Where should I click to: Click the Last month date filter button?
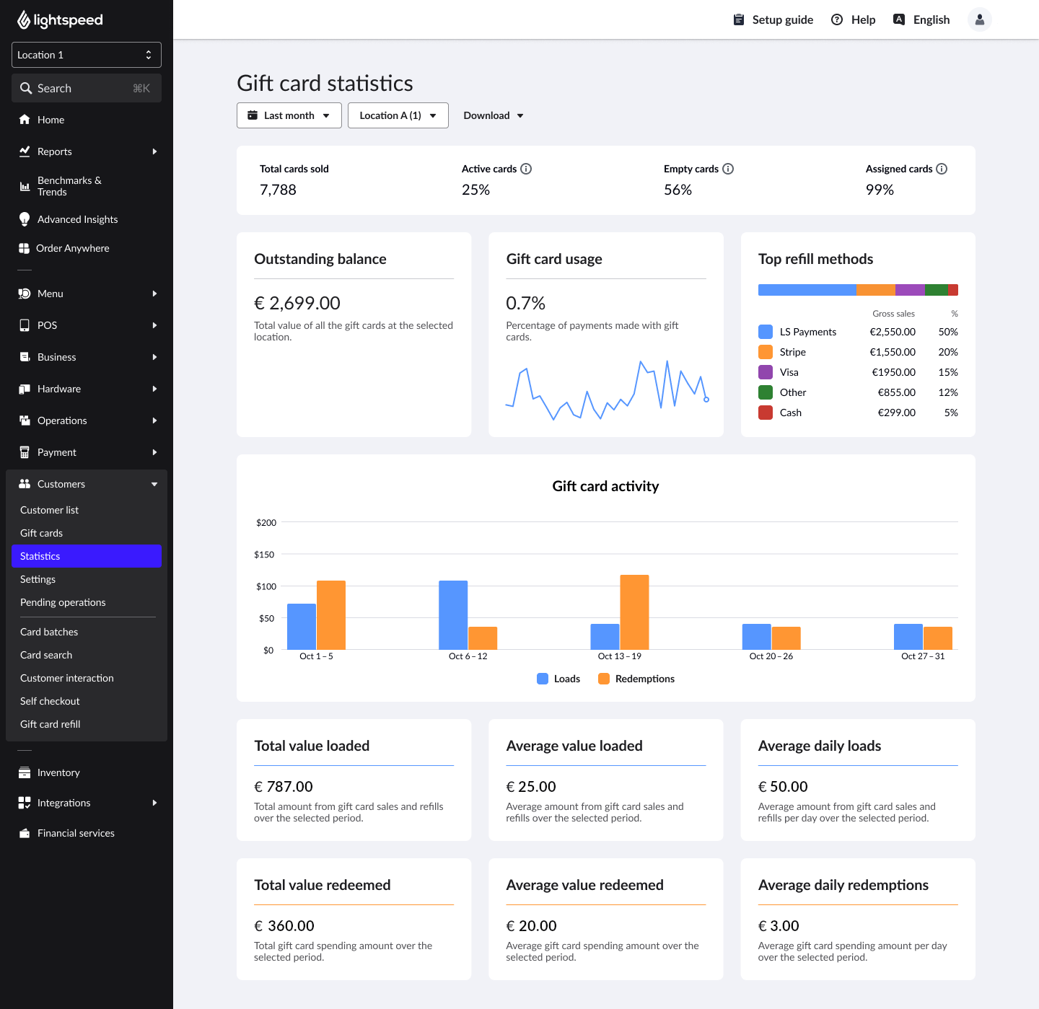pyautogui.click(x=289, y=115)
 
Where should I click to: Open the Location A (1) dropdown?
pyautogui.click(x=398, y=115)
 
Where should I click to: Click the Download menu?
pyautogui.click(x=494, y=115)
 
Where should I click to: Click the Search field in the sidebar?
pyautogui.click(x=86, y=88)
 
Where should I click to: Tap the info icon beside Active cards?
pyautogui.click(x=526, y=169)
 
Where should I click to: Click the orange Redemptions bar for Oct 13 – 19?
pyautogui.click(x=634, y=612)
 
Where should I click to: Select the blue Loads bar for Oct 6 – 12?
pyautogui.click(x=453, y=614)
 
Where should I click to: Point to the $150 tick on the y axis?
pyautogui.click(x=264, y=555)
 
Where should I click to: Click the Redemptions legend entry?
pyautogui.click(x=636, y=679)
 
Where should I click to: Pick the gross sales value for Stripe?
pyautogui.click(x=893, y=352)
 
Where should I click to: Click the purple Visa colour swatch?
pyautogui.click(x=766, y=372)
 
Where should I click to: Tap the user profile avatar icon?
pyautogui.click(x=979, y=19)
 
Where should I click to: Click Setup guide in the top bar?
pyautogui.click(x=773, y=19)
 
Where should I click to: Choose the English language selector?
pyautogui.click(x=921, y=19)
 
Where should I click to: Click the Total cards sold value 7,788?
pyautogui.click(x=278, y=190)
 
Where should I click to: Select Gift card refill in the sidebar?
pyautogui.click(x=51, y=724)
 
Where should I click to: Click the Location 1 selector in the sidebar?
pyautogui.click(x=86, y=55)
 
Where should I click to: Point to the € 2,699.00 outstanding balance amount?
pyautogui.click(x=297, y=303)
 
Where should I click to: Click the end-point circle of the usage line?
pyautogui.click(x=706, y=400)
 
